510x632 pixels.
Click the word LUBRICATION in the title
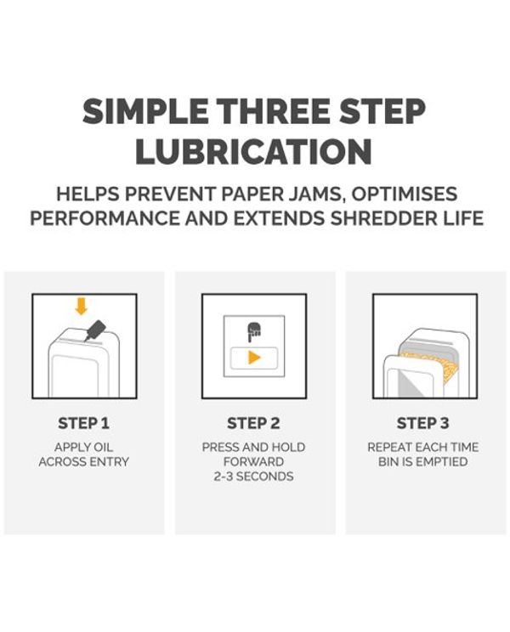click(x=253, y=151)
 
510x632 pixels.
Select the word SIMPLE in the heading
click(x=146, y=110)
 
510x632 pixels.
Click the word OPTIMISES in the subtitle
click(x=405, y=194)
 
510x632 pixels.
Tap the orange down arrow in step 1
click(x=81, y=307)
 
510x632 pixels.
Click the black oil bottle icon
click(x=95, y=330)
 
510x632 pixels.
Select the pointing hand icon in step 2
click(x=254, y=332)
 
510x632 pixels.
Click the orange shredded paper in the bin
click(x=432, y=366)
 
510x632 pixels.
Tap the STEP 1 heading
click(x=83, y=423)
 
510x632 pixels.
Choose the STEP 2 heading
click(x=253, y=423)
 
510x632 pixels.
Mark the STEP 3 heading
click(x=422, y=423)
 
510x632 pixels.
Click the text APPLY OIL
click(x=83, y=447)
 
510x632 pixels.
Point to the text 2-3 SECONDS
click(x=253, y=477)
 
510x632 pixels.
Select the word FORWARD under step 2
click(x=253, y=461)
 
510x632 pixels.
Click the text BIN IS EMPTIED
click(x=423, y=461)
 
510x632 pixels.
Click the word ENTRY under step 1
click(x=110, y=461)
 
